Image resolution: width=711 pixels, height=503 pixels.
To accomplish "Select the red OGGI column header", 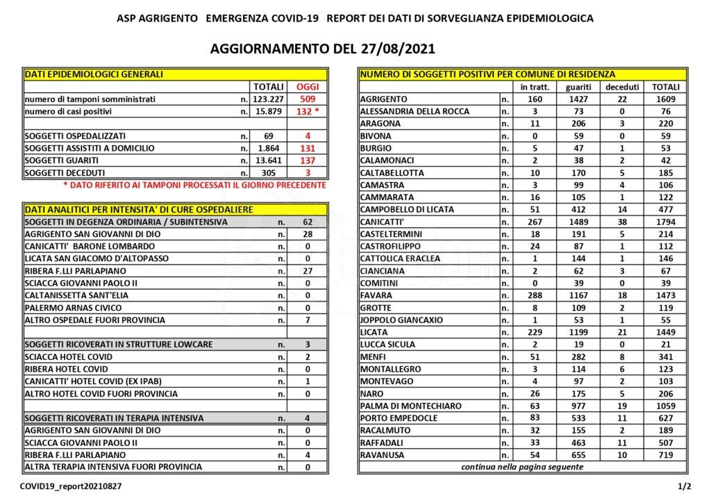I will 308,87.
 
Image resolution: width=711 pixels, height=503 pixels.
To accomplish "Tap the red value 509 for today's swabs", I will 308,99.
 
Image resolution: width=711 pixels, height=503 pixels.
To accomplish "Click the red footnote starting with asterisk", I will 194,185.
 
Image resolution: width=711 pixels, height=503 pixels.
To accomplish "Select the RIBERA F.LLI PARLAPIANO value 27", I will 308,271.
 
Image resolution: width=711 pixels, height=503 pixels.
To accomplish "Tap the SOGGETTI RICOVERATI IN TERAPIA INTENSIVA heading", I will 114,418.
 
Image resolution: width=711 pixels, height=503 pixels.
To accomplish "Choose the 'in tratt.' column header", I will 535,87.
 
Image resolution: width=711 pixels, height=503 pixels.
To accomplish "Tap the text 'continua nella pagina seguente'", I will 522,467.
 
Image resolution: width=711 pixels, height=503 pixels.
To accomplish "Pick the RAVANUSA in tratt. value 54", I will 535,454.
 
